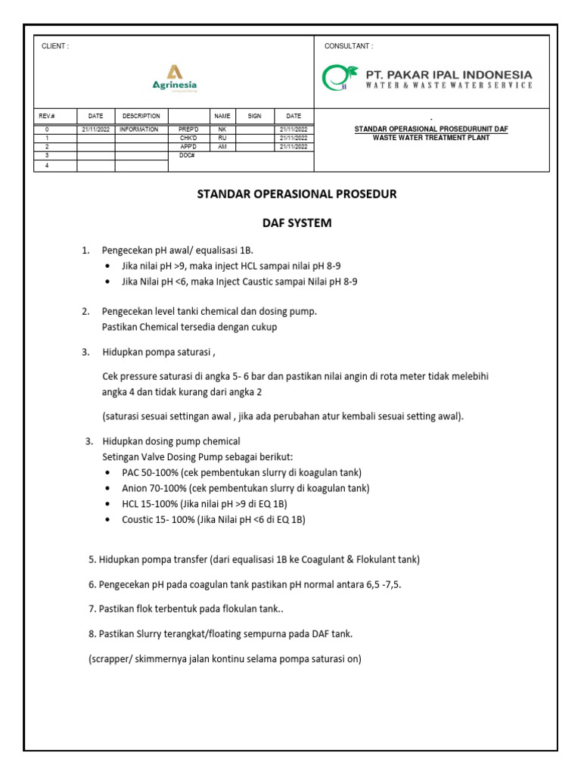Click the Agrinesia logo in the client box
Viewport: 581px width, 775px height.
tap(174, 78)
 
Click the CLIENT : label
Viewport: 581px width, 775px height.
tap(55, 46)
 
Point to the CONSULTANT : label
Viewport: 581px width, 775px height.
tap(349, 46)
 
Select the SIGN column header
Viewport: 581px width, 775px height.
tap(254, 116)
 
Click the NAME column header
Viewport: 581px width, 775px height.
tap(222, 116)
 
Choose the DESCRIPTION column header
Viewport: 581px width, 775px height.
tap(141, 116)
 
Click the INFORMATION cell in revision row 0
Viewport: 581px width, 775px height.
tap(138, 129)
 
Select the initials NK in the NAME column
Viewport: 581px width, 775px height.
tap(222, 129)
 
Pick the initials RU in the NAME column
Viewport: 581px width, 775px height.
tap(222, 138)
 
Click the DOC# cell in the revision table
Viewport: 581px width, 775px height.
tap(187, 154)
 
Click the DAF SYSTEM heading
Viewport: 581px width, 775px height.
tap(297, 223)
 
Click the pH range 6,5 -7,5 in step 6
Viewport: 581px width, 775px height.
tap(377, 584)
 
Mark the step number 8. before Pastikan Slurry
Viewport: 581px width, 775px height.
tap(92, 633)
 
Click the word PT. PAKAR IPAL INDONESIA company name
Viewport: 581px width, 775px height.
tap(449, 74)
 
